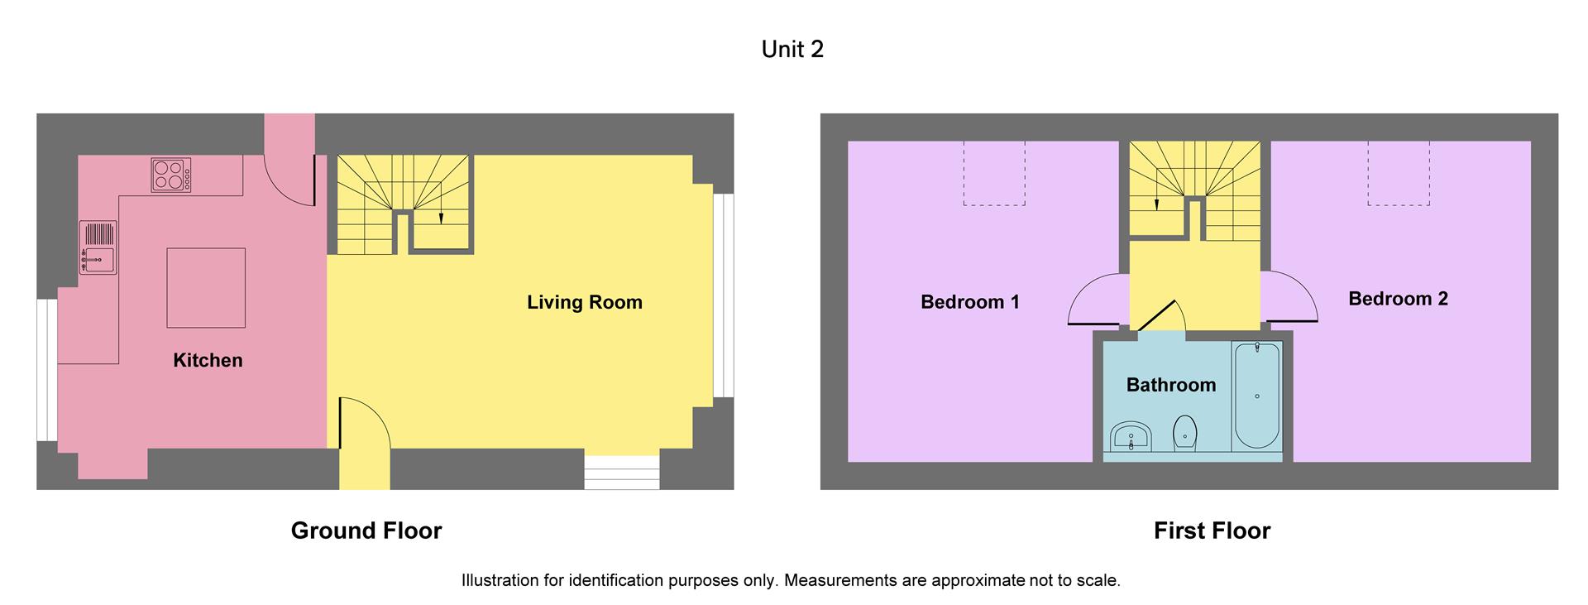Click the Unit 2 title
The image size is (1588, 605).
792,50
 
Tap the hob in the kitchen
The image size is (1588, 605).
170,175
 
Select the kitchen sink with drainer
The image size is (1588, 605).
98,247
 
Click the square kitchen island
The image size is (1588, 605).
206,287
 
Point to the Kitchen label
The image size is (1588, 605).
208,360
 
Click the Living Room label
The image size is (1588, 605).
585,302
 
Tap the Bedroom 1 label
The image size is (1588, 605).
969,302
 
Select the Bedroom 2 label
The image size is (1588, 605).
1398,299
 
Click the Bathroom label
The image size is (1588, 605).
1170,385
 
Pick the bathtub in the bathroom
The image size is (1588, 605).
1256,396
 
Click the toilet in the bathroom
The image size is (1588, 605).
1185,433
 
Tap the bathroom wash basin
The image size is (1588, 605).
1130,436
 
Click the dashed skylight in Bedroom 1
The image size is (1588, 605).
994,173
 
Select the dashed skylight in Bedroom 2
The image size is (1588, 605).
1398,173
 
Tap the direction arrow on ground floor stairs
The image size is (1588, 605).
441,217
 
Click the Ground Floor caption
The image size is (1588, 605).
366,531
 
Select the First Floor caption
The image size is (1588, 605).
1212,531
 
